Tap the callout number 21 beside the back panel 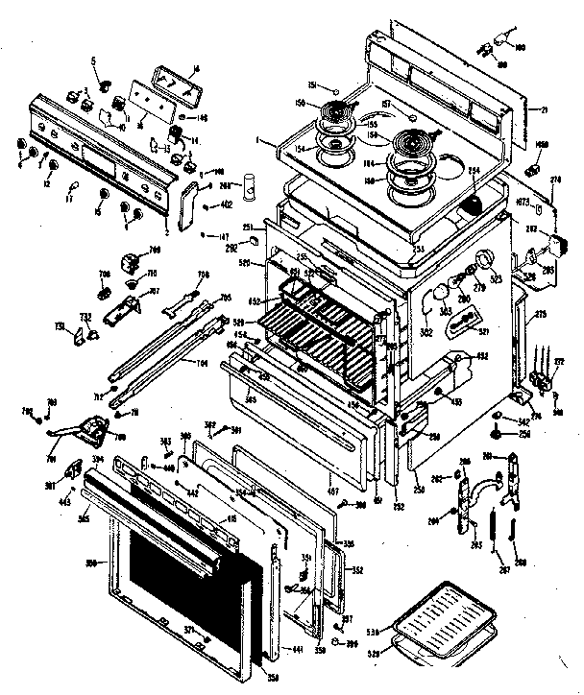pyautogui.click(x=544, y=111)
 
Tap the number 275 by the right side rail pyautogui.click(x=540, y=314)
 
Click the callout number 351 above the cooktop pyautogui.click(x=312, y=84)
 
